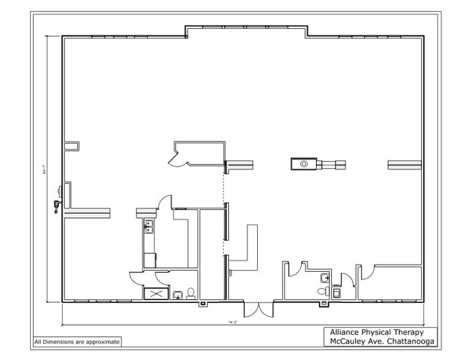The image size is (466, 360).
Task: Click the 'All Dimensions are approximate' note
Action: pos(77,342)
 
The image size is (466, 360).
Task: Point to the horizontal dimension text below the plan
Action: pos(232,321)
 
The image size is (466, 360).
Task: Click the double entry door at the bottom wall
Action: pos(252,309)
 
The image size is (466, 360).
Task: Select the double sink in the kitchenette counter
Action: pos(149,227)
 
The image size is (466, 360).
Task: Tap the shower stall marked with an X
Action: pos(157,294)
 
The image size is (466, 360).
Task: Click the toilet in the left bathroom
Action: pos(190,293)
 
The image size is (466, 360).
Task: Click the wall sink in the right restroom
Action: pos(325,279)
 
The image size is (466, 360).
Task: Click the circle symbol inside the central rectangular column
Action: pos(303,163)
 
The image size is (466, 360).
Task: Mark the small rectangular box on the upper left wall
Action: pos(73,145)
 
